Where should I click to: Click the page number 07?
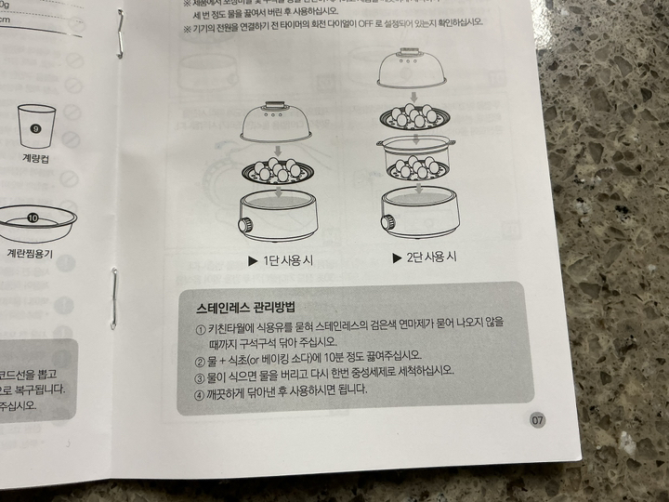(x=537, y=420)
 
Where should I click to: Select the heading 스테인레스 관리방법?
(x=246, y=306)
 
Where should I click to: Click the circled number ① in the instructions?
(x=202, y=330)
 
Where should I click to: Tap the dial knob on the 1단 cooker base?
(x=245, y=226)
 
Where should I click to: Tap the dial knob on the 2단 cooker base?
(x=387, y=223)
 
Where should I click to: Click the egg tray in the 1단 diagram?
(x=278, y=172)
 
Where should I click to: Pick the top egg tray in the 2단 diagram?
(x=415, y=118)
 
